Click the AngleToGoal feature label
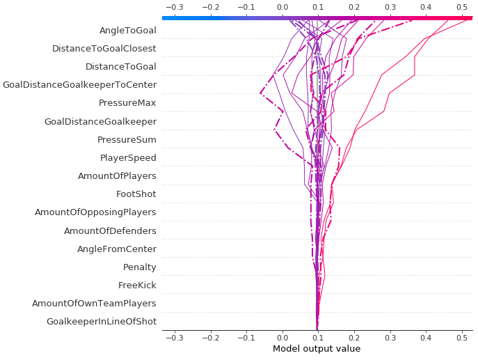tap(127, 31)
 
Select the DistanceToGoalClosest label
tap(104, 49)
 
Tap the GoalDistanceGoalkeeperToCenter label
tap(79, 85)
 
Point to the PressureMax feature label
tap(127, 103)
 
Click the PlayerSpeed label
tap(128, 158)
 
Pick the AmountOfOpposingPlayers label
tap(95, 212)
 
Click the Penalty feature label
tap(139, 267)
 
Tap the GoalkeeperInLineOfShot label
tap(101, 322)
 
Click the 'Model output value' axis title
tap(317, 349)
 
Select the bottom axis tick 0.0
tap(282, 337)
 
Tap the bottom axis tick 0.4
tap(426, 337)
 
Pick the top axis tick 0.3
tap(390, 7)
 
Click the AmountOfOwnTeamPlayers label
tap(94, 304)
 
